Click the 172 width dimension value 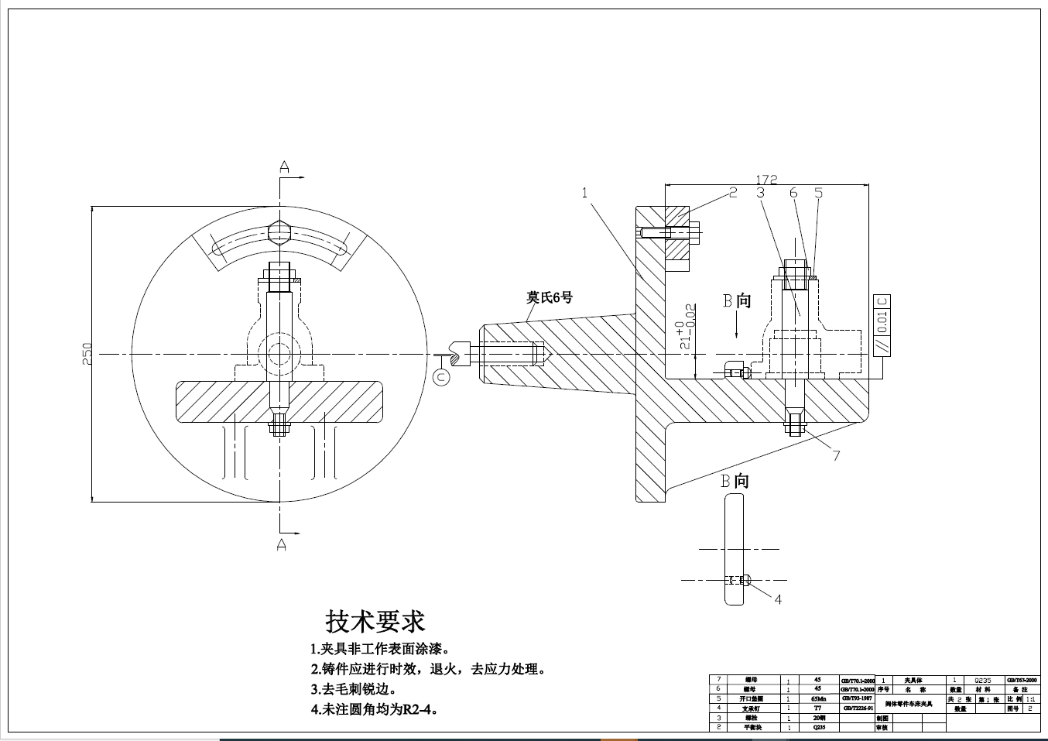point(766,180)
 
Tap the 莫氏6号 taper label point(550,297)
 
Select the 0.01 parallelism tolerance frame point(882,325)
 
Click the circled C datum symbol point(440,377)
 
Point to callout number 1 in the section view point(586,192)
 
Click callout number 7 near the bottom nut point(836,455)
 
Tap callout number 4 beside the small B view point(778,599)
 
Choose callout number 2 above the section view point(733,192)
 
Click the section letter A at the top point(284,166)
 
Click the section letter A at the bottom point(281,545)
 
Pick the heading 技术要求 point(375,620)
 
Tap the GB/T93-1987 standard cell point(857,698)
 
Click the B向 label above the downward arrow point(737,300)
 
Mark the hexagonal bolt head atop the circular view point(278,231)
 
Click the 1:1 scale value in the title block point(1030,698)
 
